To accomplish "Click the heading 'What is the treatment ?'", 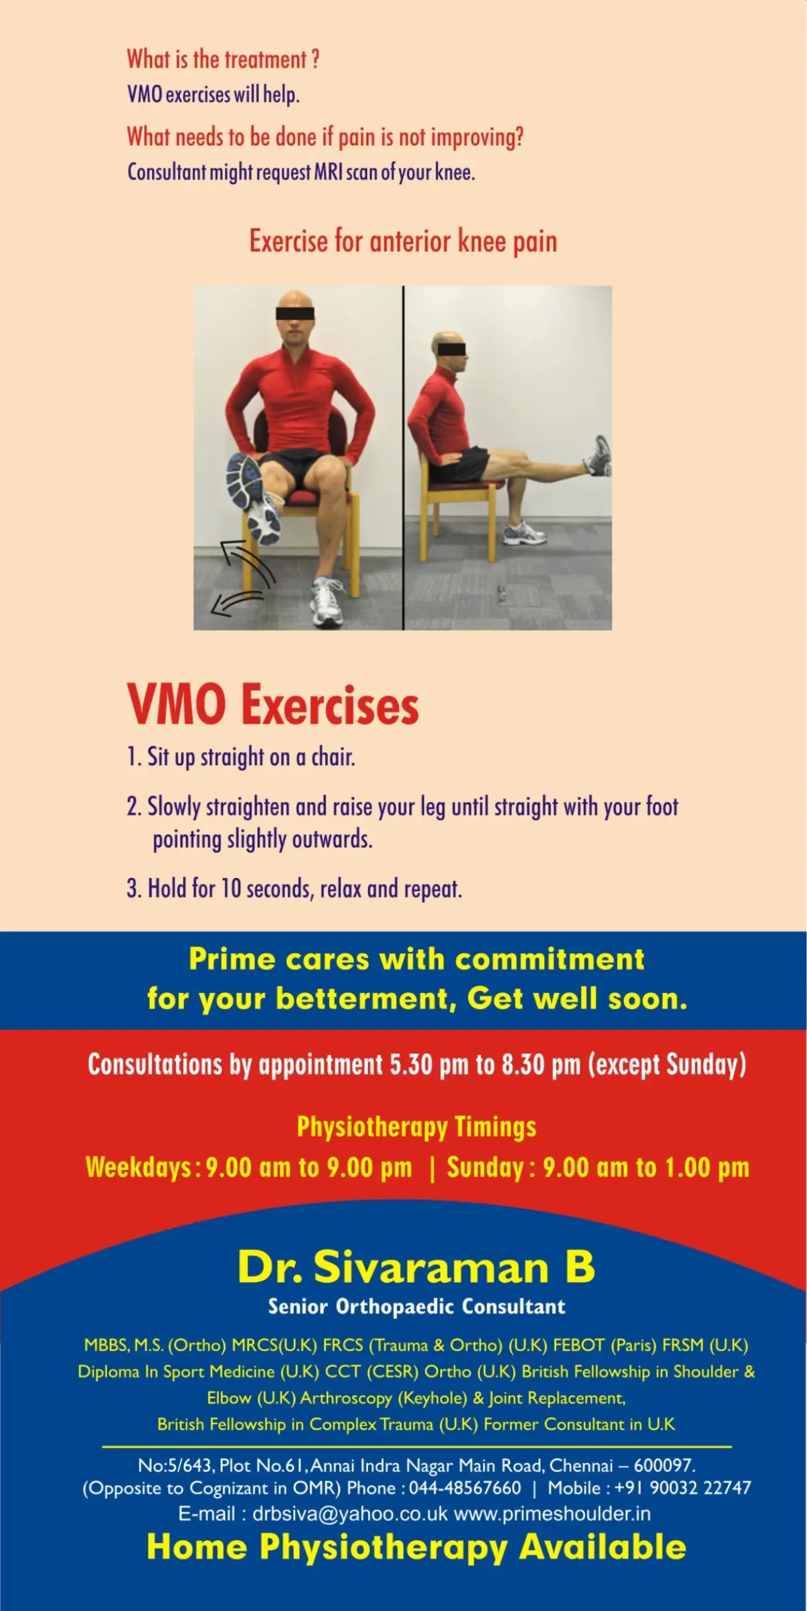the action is click(223, 60).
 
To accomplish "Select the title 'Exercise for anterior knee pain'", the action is click(403, 242).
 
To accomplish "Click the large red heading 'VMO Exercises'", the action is click(273, 705).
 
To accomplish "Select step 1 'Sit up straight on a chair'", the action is click(241, 757).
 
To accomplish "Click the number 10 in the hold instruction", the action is click(231, 889).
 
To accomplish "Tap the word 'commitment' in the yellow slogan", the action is click(550, 960).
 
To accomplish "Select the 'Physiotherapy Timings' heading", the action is click(416, 1127).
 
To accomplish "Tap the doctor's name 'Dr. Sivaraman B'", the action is click(416, 1267).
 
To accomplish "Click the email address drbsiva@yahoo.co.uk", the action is click(350, 1513).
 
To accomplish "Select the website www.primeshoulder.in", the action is click(552, 1513).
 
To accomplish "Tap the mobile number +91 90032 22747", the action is click(682, 1488).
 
